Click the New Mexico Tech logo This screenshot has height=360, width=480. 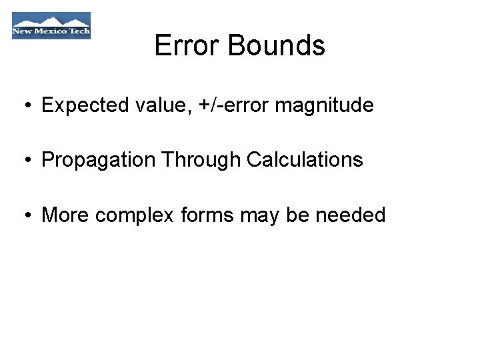click(51, 26)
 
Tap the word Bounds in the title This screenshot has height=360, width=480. click(276, 45)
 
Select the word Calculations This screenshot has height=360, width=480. click(305, 160)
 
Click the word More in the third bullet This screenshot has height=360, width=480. click(65, 215)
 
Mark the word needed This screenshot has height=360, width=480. click(351, 215)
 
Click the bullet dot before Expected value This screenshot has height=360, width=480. click(23, 106)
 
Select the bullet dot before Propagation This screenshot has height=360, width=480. click(23, 161)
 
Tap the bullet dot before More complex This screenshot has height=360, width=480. click(23, 216)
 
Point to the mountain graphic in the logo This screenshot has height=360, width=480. click(51, 19)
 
